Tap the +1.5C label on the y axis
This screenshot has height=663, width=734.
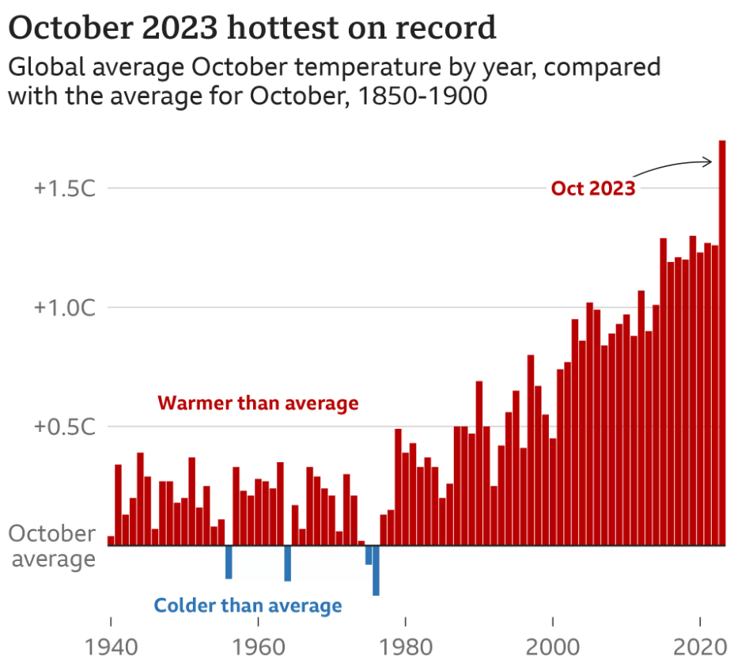63,189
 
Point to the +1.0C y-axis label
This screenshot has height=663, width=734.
63,308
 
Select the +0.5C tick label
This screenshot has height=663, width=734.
63,426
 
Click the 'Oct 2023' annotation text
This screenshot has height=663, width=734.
593,188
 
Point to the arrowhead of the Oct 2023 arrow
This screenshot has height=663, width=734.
711,162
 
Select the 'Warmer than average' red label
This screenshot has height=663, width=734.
258,403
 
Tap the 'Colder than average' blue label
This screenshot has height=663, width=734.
248,606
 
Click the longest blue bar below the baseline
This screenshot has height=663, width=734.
376,570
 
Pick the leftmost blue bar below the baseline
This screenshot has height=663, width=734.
229,562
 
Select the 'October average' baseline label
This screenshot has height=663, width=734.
52,546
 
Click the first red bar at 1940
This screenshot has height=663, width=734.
111,541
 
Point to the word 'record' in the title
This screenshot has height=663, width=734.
447,28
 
